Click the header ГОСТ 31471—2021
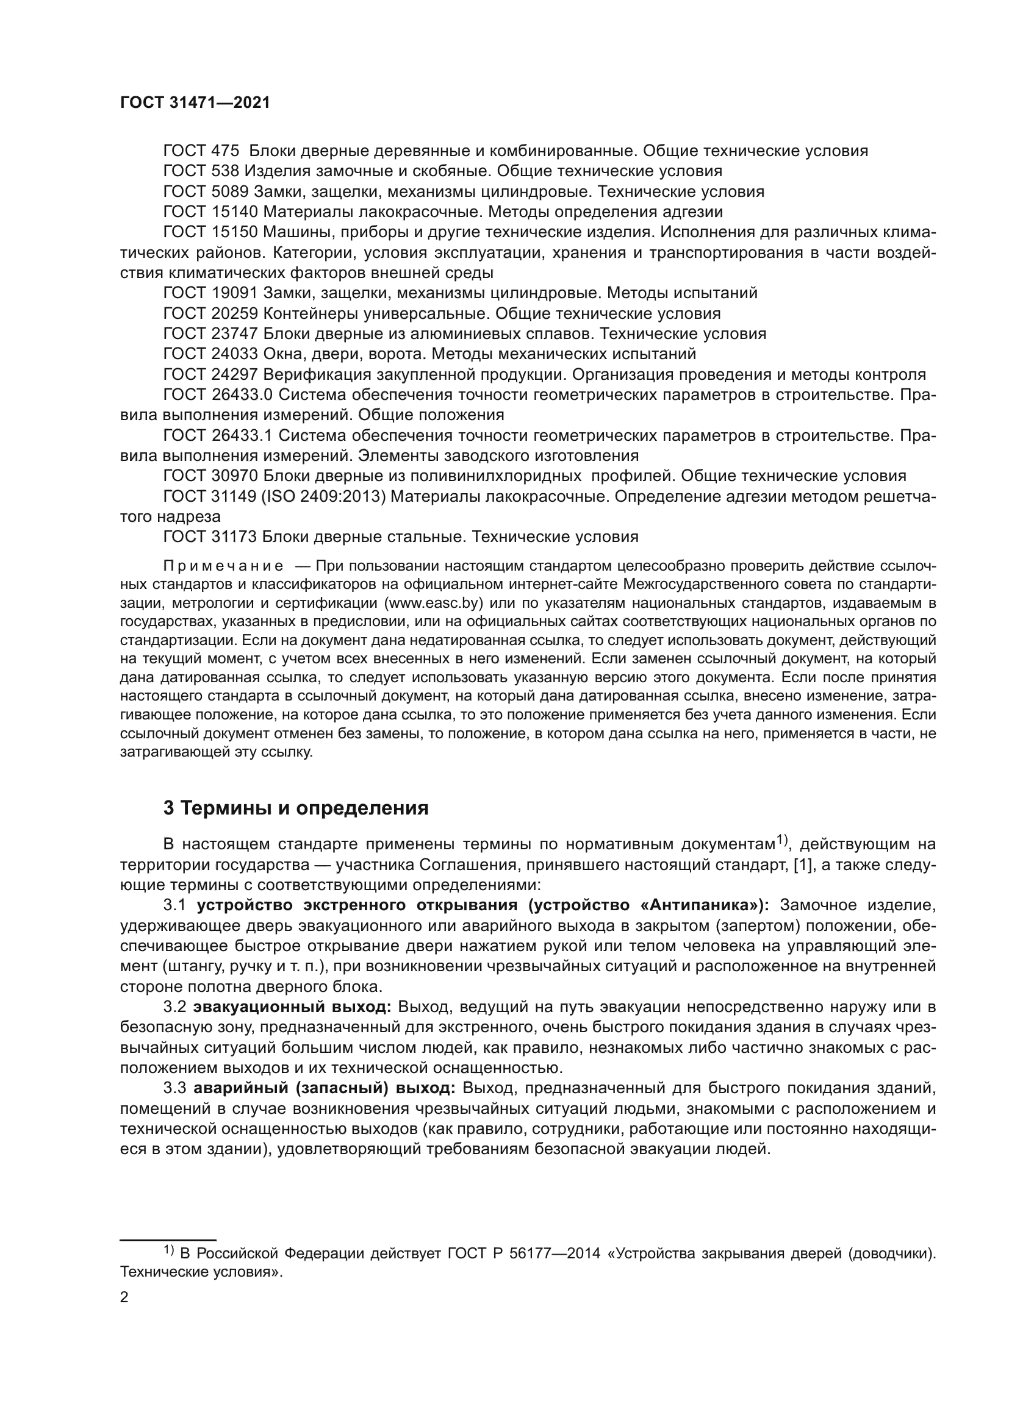pyautogui.click(x=195, y=103)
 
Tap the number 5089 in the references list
pyautogui.click(x=230, y=191)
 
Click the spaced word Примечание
pyautogui.click(x=224, y=566)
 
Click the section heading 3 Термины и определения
pyautogui.click(x=296, y=808)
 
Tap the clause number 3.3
pyautogui.click(x=174, y=1088)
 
